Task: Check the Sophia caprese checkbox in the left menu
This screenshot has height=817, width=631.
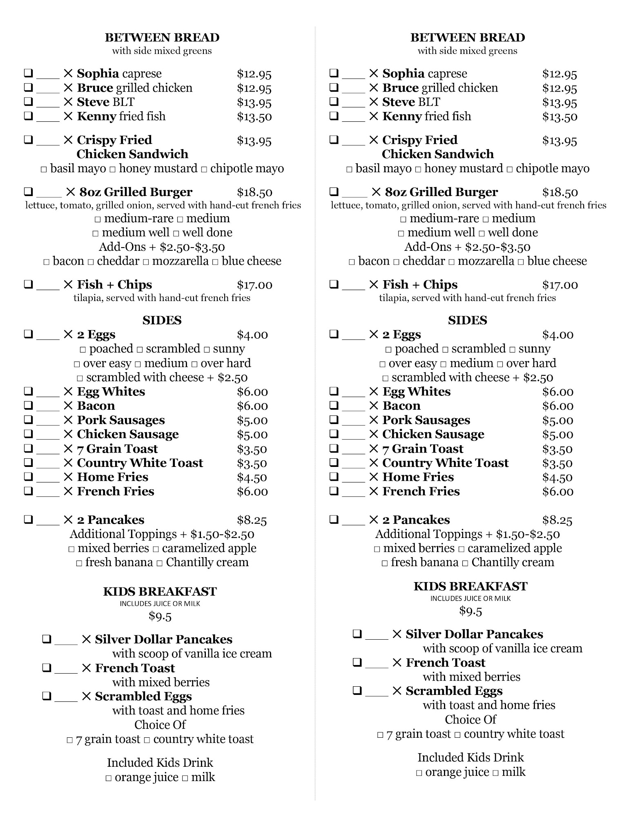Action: click(28, 74)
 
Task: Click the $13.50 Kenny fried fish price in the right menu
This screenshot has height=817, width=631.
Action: click(560, 117)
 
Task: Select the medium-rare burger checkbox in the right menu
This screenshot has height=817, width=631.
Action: click(404, 220)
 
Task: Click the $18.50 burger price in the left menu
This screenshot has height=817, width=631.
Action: click(254, 192)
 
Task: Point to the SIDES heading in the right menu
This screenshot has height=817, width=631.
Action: click(467, 320)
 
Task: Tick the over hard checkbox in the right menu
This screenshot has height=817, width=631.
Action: click(500, 364)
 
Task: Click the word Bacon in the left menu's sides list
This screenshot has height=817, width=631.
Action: click(96, 406)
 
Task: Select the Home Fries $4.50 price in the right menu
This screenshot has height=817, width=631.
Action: click(558, 478)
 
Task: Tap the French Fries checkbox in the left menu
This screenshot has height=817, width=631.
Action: click(28, 491)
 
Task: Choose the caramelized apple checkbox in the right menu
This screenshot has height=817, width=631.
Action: click(462, 549)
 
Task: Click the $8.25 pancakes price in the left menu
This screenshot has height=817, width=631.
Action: click(252, 520)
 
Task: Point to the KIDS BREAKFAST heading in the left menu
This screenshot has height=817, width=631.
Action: click(160, 591)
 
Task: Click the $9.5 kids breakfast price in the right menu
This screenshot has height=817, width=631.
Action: click(470, 611)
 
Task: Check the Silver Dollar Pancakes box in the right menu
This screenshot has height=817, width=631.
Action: click(357, 634)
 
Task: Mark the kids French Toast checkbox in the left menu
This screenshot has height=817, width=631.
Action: click(47, 668)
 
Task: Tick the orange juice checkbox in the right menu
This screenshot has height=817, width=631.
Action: click(419, 773)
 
